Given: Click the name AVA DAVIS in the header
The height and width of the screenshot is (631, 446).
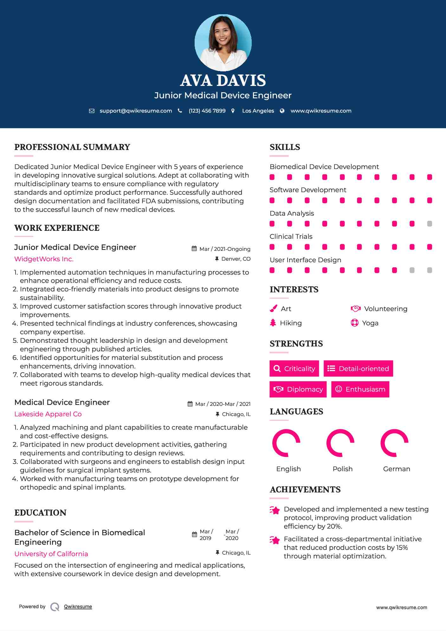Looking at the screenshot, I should tap(223, 81).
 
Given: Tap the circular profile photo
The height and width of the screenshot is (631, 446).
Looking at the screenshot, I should tap(223, 42).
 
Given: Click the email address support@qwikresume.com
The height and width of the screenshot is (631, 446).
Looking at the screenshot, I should tap(136, 111).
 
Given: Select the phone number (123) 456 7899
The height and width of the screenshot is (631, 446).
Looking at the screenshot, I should tap(207, 111).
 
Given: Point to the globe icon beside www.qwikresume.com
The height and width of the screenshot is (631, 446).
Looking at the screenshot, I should tap(282, 111).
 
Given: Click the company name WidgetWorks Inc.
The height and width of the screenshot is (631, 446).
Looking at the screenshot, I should tap(44, 259).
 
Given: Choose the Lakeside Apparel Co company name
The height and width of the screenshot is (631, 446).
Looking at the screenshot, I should tap(48, 414).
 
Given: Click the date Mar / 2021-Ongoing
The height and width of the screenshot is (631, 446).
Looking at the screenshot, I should tap(225, 249).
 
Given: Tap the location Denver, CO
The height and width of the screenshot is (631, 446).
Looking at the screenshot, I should tap(236, 259).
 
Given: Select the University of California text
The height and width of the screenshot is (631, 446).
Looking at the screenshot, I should tap(51, 554).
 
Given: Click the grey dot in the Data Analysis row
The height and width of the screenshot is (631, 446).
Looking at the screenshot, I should tap(430, 224).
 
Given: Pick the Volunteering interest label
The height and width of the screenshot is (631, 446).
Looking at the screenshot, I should tap(385, 309).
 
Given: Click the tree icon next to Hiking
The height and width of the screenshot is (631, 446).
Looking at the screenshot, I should tap(273, 323).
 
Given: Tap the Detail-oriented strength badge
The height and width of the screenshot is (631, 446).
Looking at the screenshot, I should tap(358, 368).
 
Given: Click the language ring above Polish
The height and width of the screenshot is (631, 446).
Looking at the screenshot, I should tap(340, 443).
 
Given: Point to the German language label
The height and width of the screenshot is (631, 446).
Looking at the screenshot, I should tap(397, 469).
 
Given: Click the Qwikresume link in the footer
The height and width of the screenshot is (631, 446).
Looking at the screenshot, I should tap(78, 607).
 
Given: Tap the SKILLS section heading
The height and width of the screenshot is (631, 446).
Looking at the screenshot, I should tap(285, 147).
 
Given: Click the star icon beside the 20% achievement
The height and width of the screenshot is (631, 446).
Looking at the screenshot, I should tap(275, 510).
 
